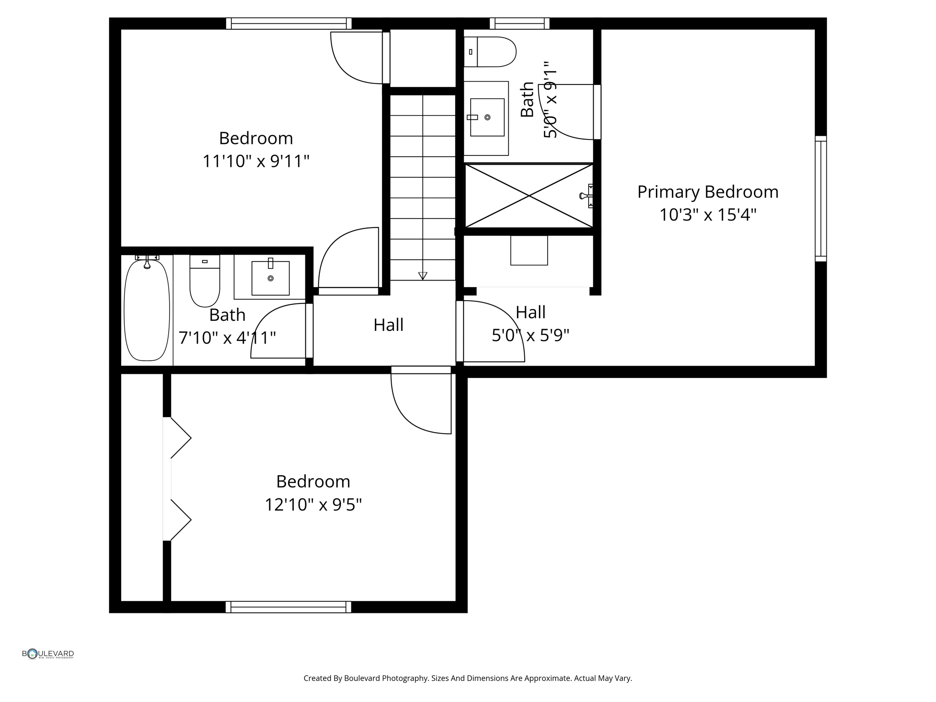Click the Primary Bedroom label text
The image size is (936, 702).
coord(707,192)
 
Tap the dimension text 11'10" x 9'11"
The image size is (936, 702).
coord(256,161)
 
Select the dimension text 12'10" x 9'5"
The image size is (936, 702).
coord(314,505)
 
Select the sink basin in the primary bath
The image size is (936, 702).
coord(487,117)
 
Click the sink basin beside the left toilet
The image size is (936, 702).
coord(271,278)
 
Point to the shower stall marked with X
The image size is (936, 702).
coord(529,196)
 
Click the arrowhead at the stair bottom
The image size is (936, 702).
coord(423,276)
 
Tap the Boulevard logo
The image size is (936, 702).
coord(48,654)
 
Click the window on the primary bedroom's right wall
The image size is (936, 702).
coord(821,199)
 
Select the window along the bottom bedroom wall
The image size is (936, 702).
coord(288,607)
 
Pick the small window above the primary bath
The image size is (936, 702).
coord(520,23)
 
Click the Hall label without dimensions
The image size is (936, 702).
coord(388,325)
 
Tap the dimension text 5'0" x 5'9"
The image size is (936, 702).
coord(530,335)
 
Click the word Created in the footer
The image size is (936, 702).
coord(316,678)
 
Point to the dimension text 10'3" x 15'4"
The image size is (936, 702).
coord(707,215)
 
